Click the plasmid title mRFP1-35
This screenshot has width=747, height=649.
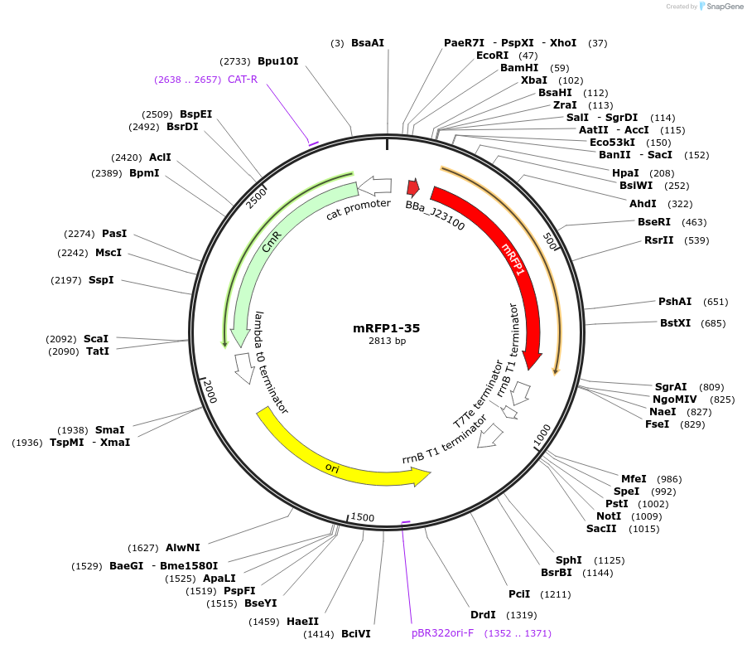pyautogui.click(x=387, y=328)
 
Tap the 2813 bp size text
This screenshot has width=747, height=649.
pyautogui.click(x=387, y=341)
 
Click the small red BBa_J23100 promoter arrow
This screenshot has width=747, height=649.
pyautogui.click(x=412, y=187)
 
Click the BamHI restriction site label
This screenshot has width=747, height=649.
pyautogui.click(x=519, y=68)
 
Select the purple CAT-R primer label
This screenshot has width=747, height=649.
pyautogui.click(x=243, y=80)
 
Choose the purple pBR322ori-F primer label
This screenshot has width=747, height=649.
pyautogui.click(x=442, y=633)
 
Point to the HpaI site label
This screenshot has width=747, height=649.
pyautogui.click(x=625, y=173)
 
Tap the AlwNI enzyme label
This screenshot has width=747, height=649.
pyautogui.click(x=182, y=548)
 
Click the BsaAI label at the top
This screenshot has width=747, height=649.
pyautogui.click(x=368, y=42)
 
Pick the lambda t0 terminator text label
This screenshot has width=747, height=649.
pyautogui.click(x=272, y=362)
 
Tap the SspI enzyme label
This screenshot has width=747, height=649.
pyautogui.click(x=101, y=280)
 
